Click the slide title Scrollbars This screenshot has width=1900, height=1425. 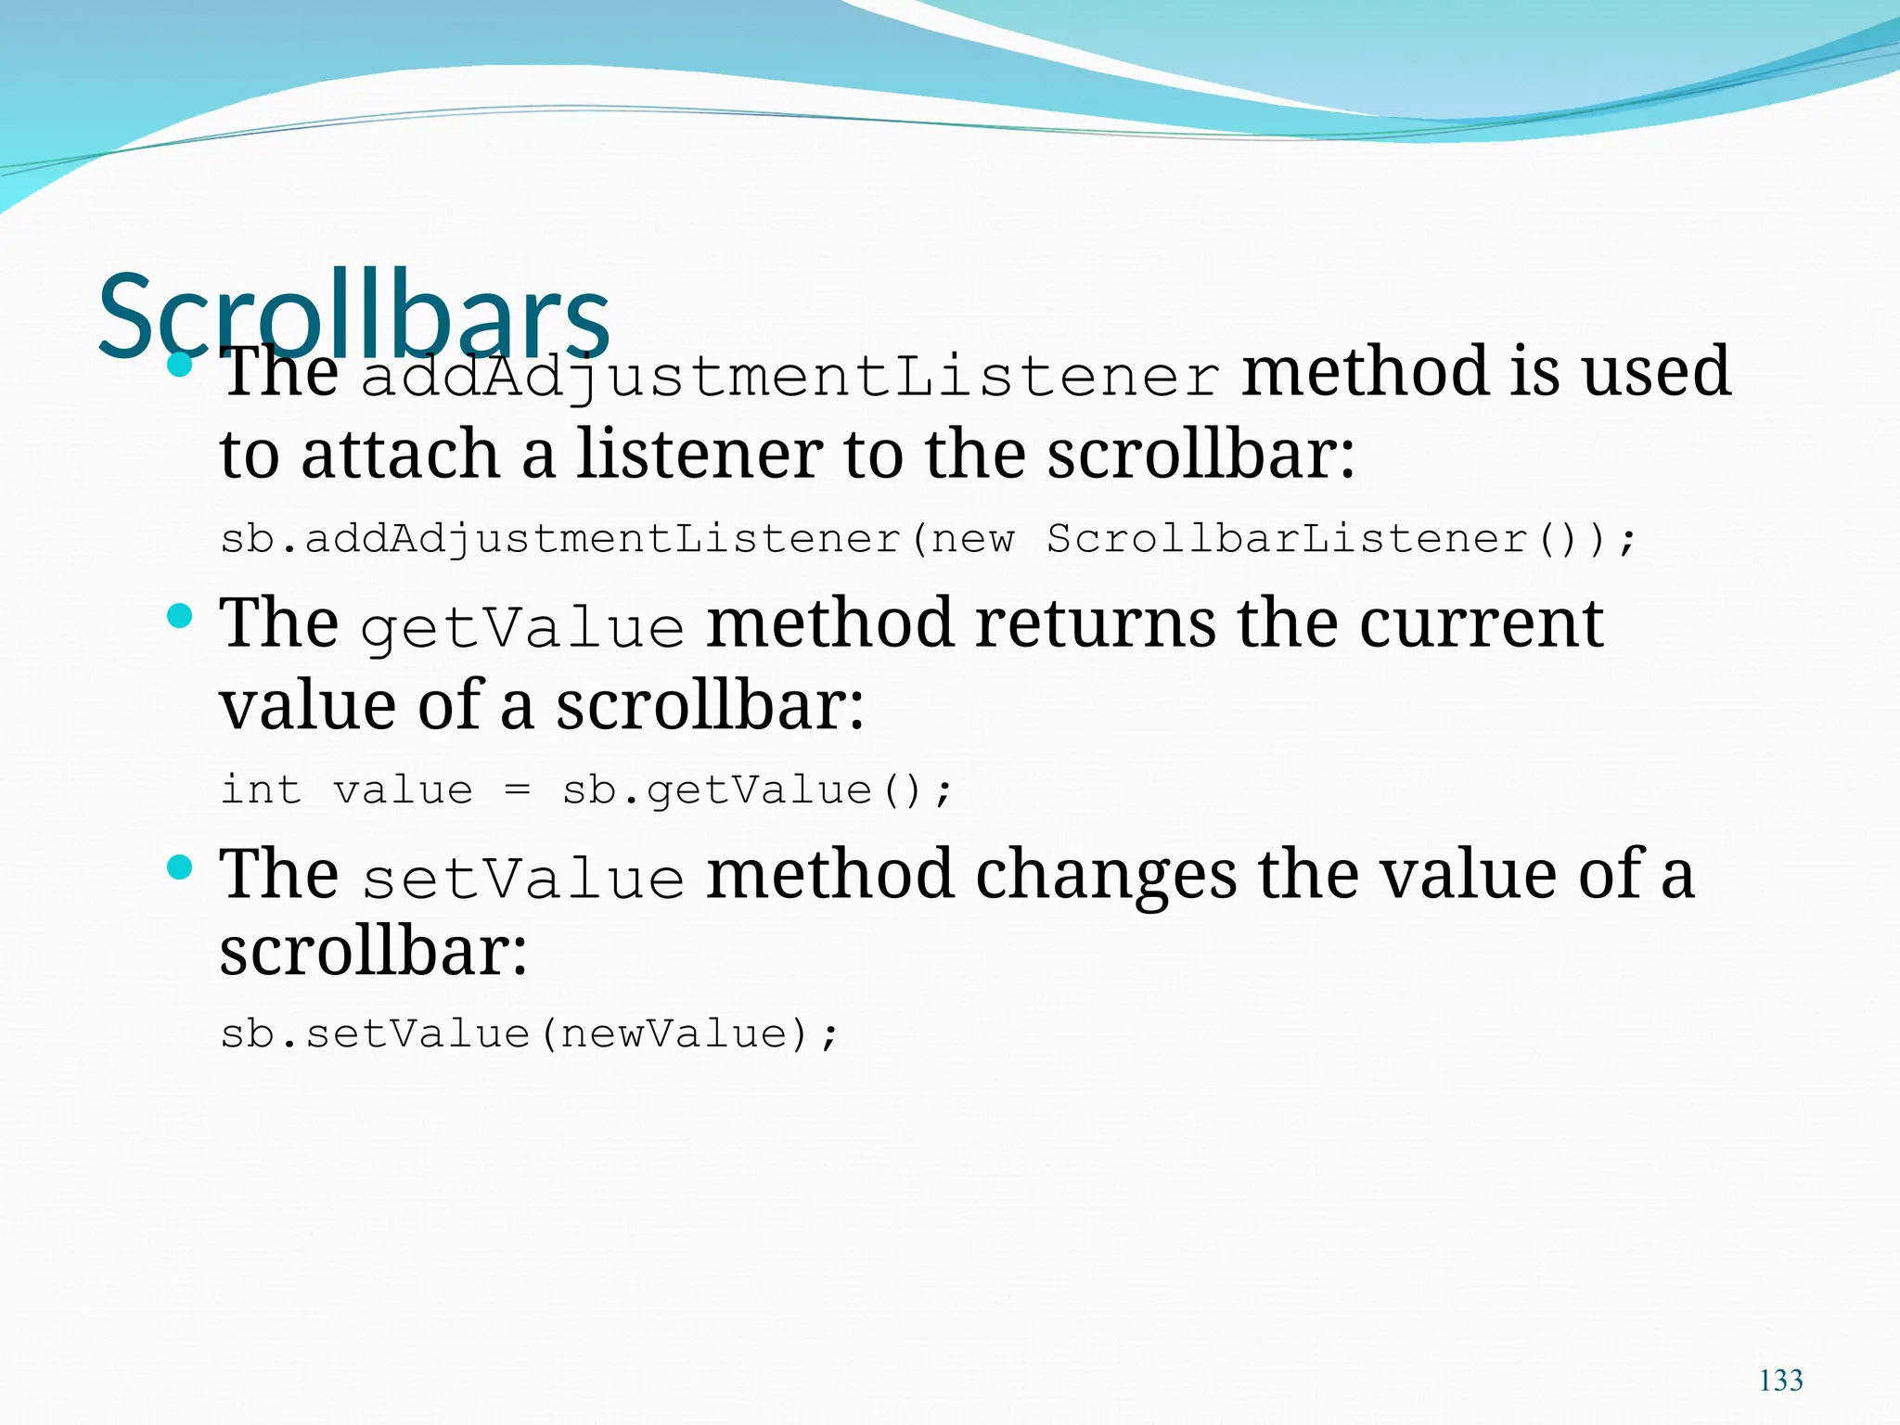353,315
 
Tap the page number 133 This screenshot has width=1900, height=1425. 1780,1380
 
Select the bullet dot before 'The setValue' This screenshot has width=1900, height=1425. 180,867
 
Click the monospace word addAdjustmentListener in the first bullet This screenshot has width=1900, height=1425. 789,377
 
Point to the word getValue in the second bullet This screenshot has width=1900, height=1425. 522,628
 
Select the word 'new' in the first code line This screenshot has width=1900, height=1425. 973,539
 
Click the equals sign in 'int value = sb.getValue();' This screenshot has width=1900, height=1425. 517,790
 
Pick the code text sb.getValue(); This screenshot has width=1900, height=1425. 756,790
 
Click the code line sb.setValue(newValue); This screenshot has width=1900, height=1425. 529,1033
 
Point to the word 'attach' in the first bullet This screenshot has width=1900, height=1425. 400,455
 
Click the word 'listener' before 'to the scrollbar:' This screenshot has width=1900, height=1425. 700,455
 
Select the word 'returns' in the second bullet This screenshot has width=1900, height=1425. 1095,623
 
